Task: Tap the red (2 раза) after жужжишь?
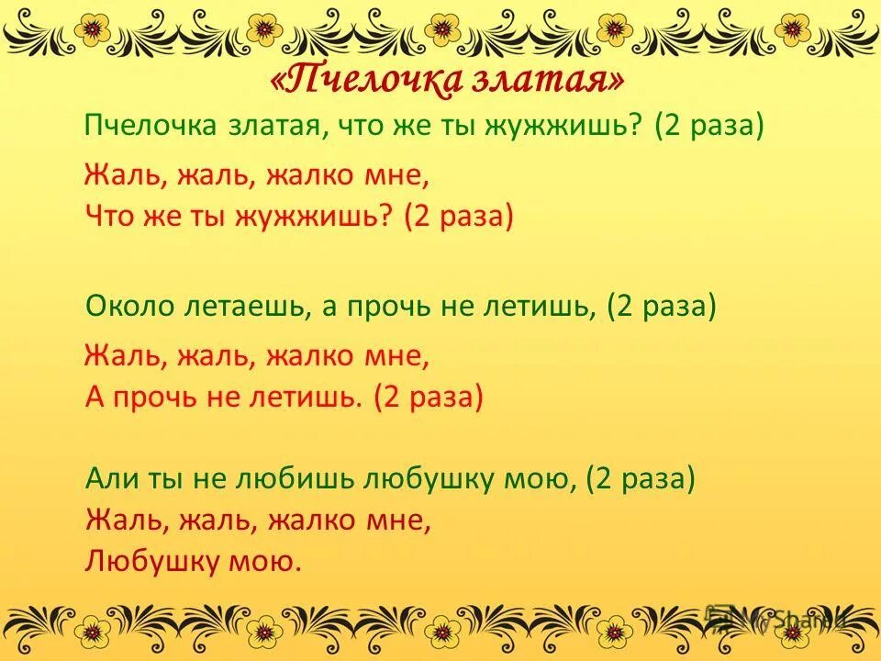tap(457, 217)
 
